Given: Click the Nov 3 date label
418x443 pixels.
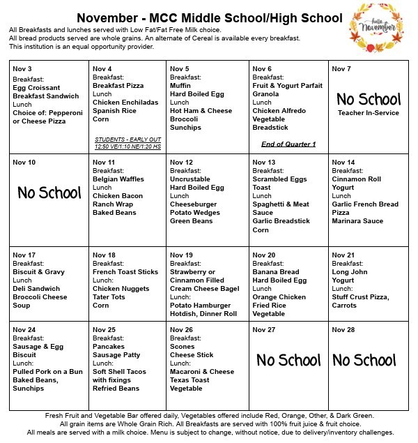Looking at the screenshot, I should (x=22, y=69).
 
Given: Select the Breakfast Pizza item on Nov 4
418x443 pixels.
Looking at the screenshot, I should (x=118, y=85).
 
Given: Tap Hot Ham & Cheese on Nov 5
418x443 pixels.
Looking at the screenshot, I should (x=201, y=110).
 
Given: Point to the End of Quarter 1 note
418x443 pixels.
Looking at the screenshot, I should (x=288, y=144).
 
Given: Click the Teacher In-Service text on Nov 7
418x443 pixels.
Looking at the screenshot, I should (x=369, y=112).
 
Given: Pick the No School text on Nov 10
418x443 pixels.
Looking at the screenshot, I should (x=49, y=193).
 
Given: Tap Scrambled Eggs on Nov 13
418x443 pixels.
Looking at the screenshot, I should (x=280, y=179).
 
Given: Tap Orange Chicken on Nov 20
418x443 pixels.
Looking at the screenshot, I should (x=280, y=296).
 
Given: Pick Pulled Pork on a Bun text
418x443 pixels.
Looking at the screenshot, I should (x=48, y=372).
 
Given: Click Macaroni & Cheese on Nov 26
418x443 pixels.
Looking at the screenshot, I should (x=202, y=372).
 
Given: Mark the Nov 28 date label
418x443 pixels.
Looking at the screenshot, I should (x=343, y=329).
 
